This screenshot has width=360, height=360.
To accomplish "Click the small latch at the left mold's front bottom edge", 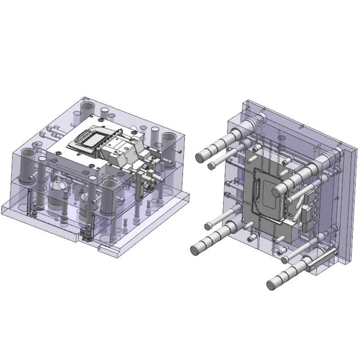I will pyautogui.click(x=85, y=234).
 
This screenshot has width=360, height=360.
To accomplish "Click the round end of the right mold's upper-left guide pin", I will pyautogui.click(x=201, y=157).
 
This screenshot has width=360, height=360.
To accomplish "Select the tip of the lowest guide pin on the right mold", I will pyautogui.click(x=272, y=285).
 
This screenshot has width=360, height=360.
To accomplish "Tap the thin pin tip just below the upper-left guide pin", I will pyautogui.click(x=211, y=166).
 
